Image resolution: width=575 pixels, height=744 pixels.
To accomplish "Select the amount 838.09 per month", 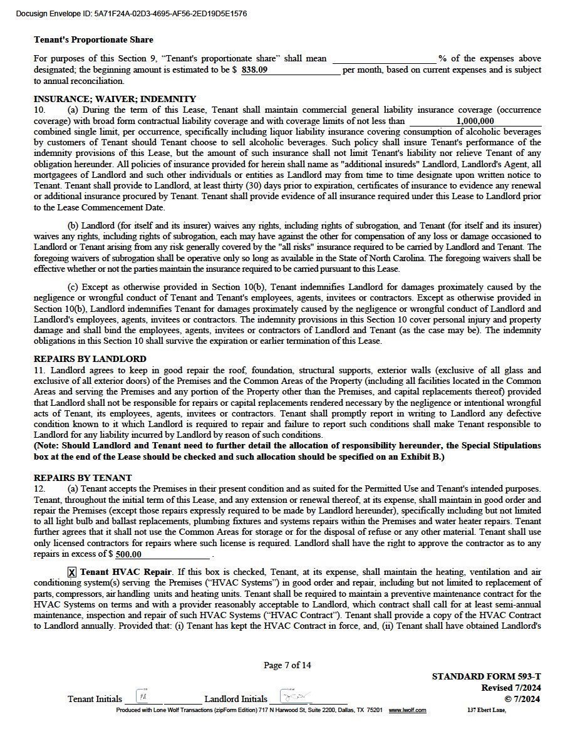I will click(254, 70).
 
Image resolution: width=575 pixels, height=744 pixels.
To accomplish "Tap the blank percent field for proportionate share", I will click(384, 59).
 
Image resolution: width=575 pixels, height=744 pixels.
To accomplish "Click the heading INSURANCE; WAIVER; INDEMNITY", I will click(115, 99).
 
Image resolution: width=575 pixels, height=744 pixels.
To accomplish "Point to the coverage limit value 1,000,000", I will click(475, 121).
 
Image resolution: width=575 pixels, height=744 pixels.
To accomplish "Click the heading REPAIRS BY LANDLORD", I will click(90, 359).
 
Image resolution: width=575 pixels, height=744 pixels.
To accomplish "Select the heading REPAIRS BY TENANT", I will click(83, 478).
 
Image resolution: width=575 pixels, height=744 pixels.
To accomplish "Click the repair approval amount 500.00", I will click(129, 554).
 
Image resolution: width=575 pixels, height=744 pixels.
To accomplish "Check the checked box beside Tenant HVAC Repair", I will click(72, 572).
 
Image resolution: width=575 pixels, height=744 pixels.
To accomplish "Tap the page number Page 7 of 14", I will click(287, 665).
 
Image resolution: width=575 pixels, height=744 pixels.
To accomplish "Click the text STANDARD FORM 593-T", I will click(486, 677).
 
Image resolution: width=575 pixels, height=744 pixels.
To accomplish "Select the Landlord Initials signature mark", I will click(294, 697).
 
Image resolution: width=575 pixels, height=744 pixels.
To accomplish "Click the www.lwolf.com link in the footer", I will click(407, 710).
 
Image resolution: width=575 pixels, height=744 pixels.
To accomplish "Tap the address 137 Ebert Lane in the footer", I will click(486, 710).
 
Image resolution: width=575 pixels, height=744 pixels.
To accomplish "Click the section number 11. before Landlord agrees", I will click(39, 370).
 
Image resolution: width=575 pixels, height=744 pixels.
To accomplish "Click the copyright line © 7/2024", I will click(523, 698).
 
